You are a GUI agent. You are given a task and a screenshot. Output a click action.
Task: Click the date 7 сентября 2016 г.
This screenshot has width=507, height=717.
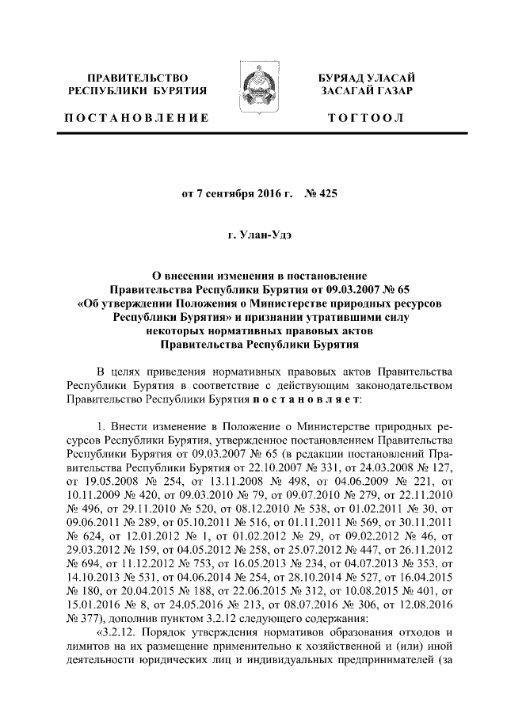point(237,193)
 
